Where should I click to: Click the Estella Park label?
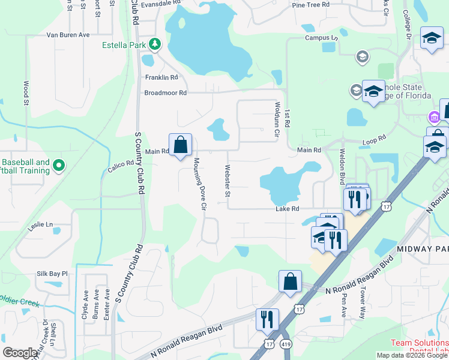(x=124, y=44)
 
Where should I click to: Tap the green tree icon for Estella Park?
(x=155, y=44)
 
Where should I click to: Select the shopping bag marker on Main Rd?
(x=180, y=145)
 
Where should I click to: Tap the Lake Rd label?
(x=287, y=209)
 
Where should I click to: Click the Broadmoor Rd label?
(x=165, y=93)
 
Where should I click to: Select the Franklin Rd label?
(x=161, y=77)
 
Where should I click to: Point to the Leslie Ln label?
(x=41, y=225)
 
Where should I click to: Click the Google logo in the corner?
(x=20, y=353)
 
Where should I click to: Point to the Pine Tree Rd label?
(x=310, y=5)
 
